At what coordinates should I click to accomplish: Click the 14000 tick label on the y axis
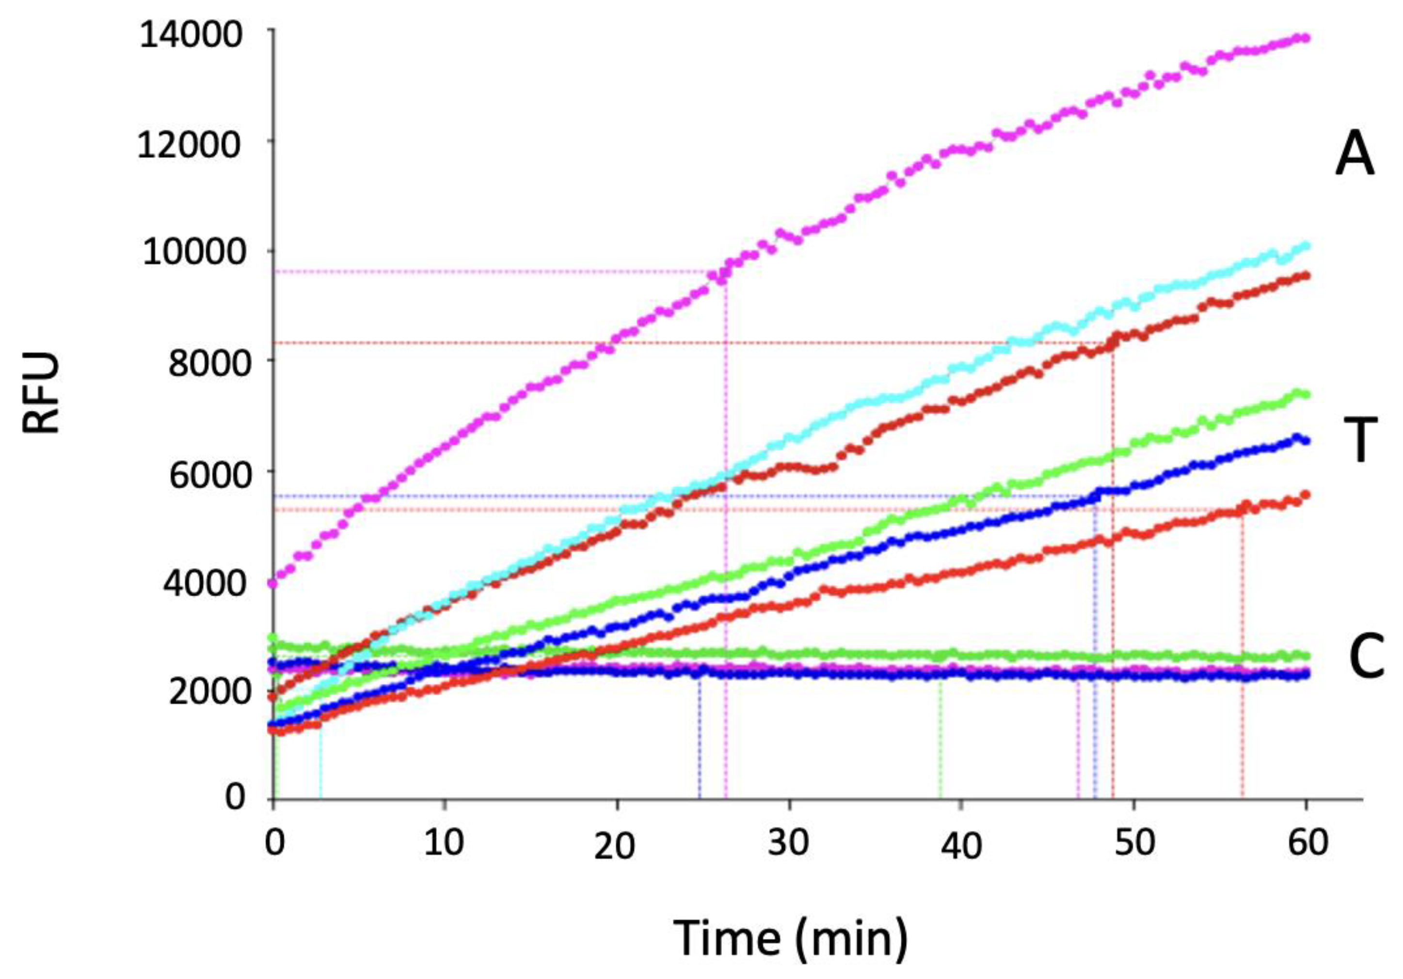(191, 35)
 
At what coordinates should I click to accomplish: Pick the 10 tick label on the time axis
(444, 843)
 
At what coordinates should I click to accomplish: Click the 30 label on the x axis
(789, 843)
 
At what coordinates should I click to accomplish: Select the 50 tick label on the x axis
(1134, 843)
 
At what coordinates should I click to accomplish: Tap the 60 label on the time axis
(1307, 843)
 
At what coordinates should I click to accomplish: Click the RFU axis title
(42, 393)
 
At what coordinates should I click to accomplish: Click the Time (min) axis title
(791, 937)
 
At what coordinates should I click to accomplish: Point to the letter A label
(1354, 155)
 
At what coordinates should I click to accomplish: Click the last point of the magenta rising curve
(1307, 38)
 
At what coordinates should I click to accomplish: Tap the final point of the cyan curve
(1307, 246)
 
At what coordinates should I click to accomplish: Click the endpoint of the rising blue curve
(1307, 440)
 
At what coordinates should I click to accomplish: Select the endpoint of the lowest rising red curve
(1307, 494)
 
